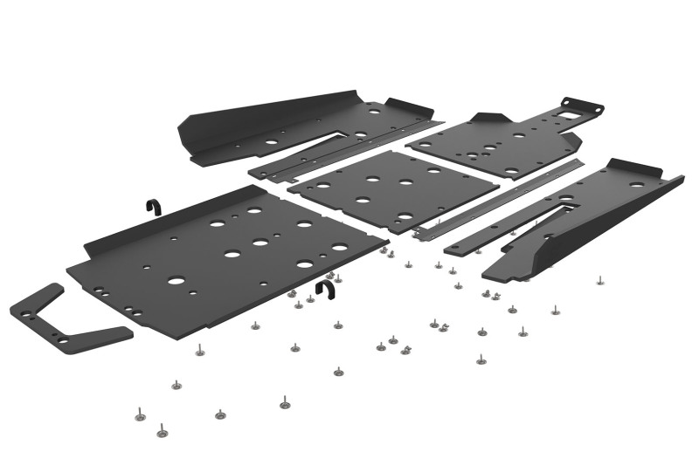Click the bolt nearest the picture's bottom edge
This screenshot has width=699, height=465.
pyautogui.click(x=162, y=430)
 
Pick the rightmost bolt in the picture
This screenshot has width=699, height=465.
pyautogui.click(x=599, y=282)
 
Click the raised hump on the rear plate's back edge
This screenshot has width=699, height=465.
pyautogui.click(x=490, y=119)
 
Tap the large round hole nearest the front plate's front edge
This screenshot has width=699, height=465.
pyautogui.click(x=177, y=282)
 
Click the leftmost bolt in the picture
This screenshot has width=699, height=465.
pyautogui.click(x=139, y=410)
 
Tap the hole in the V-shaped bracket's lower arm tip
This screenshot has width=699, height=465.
pyautogui.click(x=63, y=341)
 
